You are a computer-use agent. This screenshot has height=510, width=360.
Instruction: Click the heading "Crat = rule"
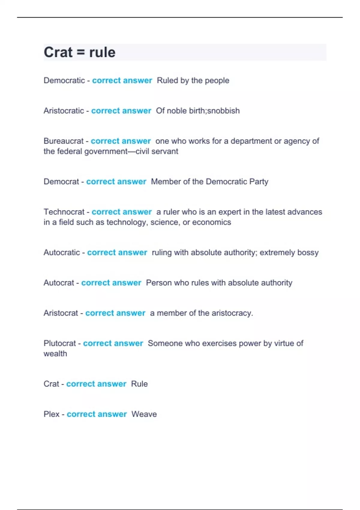click(79, 52)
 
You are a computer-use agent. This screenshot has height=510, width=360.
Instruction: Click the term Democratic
click(64, 80)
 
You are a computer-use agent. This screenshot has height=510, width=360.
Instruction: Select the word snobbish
click(223, 111)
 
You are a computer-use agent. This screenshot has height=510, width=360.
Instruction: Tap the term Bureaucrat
click(64, 141)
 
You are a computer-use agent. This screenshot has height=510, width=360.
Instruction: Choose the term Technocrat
click(64, 212)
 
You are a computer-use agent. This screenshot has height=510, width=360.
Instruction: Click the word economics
click(211, 222)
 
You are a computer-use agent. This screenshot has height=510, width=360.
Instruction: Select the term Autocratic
click(62, 252)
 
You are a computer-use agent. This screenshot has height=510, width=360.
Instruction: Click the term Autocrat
click(59, 283)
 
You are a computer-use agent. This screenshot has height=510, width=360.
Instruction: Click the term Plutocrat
click(60, 343)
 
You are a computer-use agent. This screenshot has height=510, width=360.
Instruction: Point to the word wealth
click(55, 354)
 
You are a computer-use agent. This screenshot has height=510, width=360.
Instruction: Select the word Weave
click(144, 414)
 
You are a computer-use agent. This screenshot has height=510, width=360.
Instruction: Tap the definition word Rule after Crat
click(139, 384)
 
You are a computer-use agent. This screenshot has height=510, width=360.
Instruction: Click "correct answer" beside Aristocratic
click(121, 111)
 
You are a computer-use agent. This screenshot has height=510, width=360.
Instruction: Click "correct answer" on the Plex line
click(97, 414)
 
